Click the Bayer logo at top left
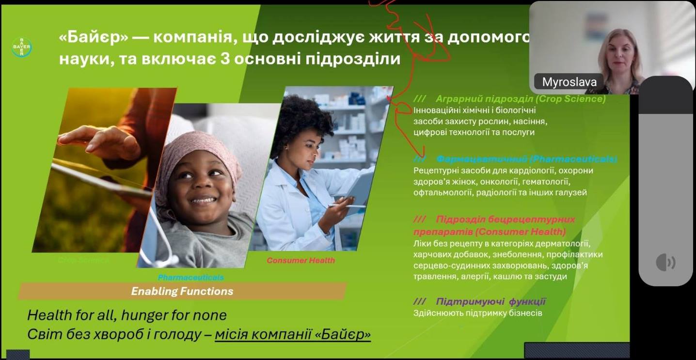(x=22, y=47)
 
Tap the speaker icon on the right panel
(x=665, y=262)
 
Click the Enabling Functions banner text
(x=182, y=291)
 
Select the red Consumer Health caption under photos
(x=301, y=260)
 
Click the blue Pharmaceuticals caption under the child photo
(x=191, y=277)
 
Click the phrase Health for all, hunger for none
(x=127, y=315)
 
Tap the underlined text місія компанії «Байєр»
(x=293, y=335)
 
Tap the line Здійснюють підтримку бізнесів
(x=478, y=313)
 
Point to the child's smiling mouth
(x=204, y=199)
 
